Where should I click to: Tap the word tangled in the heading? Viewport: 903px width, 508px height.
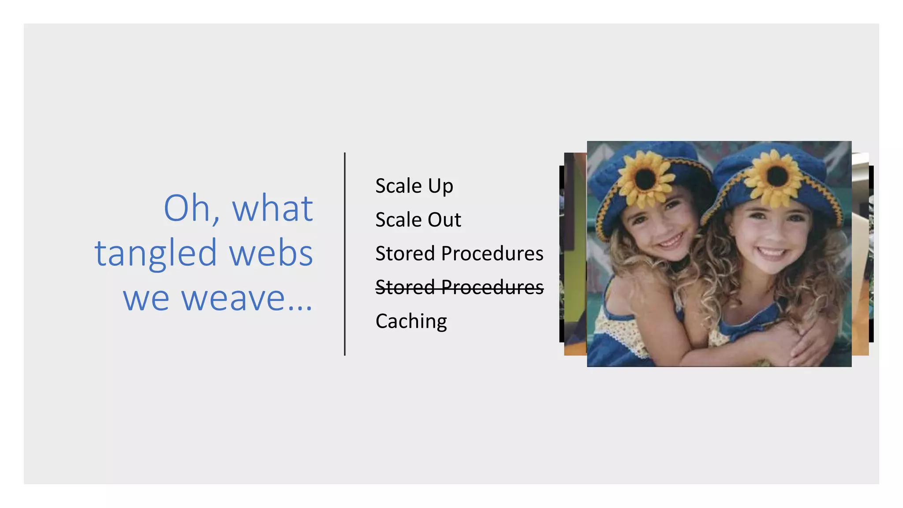(x=156, y=254)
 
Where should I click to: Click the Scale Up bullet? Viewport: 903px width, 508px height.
(x=414, y=186)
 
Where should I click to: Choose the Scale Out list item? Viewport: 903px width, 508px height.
(x=418, y=220)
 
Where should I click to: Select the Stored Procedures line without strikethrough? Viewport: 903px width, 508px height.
(x=459, y=254)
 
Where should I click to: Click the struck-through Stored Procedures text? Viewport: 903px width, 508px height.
(x=459, y=287)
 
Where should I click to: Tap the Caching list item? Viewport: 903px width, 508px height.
(x=411, y=321)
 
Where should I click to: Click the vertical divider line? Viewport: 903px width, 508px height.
(x=345, y=254)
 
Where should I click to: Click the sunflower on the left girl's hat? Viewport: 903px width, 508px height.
(x=646, y=177)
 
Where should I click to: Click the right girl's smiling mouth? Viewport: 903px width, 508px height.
(x=772, y=252)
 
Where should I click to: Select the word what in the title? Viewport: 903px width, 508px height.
(x=272, y=208)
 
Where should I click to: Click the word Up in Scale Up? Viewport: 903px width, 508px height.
(x=440, y=186)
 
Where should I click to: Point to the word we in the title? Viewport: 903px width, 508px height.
(x=146, y=299)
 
